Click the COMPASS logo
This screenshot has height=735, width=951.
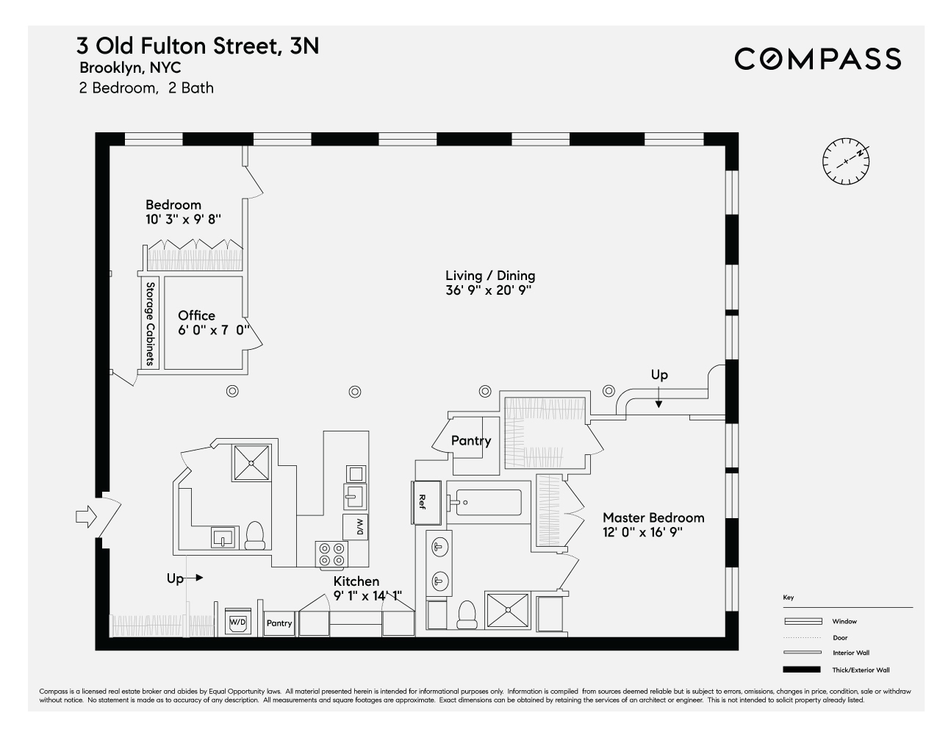coord(817,59)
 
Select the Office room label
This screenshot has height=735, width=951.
coord(196,316)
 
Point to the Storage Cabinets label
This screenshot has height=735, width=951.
coord(150,324)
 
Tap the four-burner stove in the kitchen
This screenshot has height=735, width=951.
coord(331,553)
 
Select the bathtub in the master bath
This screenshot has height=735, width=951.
coord(488,503)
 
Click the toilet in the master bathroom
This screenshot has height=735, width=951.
coord(467,614)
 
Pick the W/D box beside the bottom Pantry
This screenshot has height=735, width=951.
coord(238,622)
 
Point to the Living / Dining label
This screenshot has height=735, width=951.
coord(490,276)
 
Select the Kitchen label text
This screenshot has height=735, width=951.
coord(356,581)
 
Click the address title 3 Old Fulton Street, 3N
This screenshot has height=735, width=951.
coord(198,46)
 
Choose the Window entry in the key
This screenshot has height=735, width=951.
coord(844,621)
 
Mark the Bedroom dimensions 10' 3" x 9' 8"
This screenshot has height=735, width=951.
coord(183,219)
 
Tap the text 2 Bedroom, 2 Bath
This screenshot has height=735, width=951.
coord(146,88)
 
